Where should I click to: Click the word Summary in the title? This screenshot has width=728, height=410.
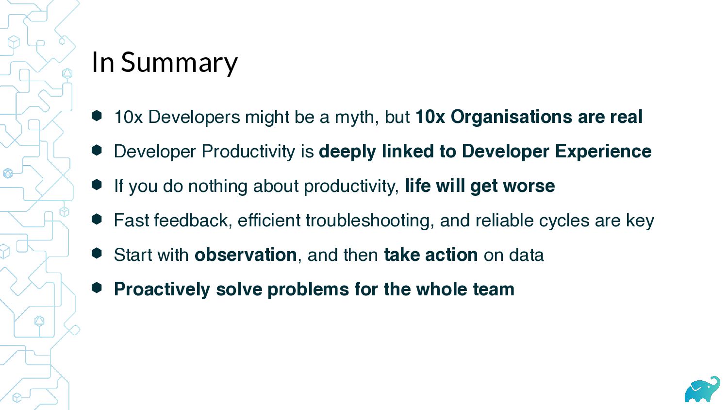(x=180, y=63)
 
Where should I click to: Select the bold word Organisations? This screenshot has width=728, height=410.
(x=511, y=117)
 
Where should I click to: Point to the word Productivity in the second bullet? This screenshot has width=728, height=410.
(x=248, y=151)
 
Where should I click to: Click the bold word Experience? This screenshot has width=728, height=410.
(x=603, y=151)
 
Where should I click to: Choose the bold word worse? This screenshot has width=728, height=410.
(x=529, y=186)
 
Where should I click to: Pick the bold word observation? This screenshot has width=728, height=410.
(x=246, y=255)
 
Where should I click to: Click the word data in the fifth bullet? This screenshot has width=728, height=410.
(x=526, y=255)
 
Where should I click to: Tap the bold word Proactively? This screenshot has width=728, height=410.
(x=162, y=289)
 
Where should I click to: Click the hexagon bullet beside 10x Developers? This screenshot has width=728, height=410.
(x=97, y=116)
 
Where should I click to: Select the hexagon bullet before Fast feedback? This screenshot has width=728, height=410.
(x=97, y=219)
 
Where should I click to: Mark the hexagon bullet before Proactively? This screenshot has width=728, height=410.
(x=97, y=288)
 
